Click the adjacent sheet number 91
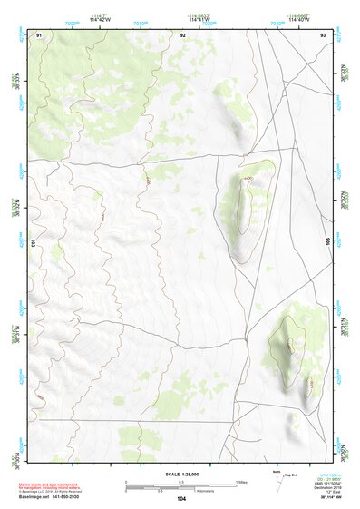(x=39, y=34)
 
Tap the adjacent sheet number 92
(x=182, y=34)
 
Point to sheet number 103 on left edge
(x=32, y=242)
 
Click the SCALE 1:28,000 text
(x=182, y=474)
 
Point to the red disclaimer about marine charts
(x=49, y=486)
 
